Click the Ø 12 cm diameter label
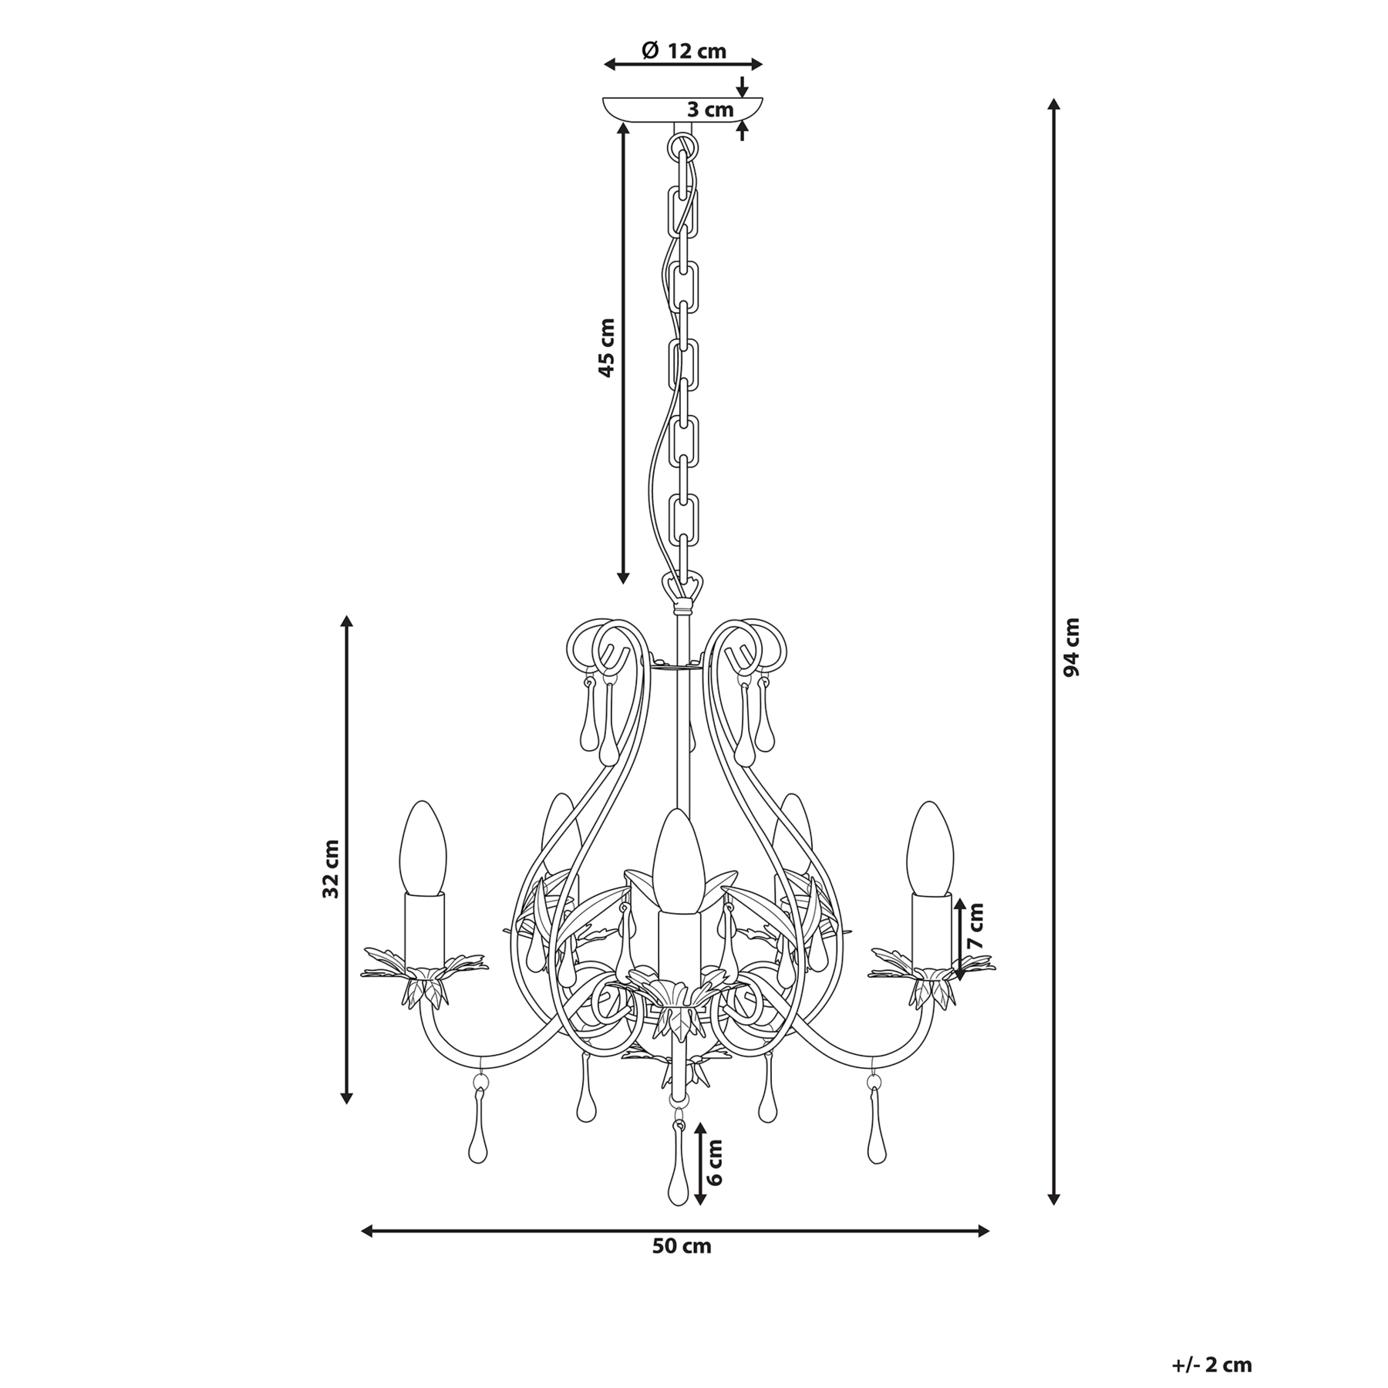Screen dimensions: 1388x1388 click(684, 51)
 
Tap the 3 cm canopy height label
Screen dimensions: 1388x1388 click(710, 109)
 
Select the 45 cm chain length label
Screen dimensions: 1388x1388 click(607, 348)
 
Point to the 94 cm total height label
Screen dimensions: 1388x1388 click(1071, 648)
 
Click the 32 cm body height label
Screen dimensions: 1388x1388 click(331, 869)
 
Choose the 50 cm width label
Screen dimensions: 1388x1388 click(682, 1268)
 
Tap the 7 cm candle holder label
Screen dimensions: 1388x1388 click(976, 927)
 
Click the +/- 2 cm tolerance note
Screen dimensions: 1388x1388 click(1213, 1343)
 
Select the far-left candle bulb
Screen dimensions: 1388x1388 click(423, 848)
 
